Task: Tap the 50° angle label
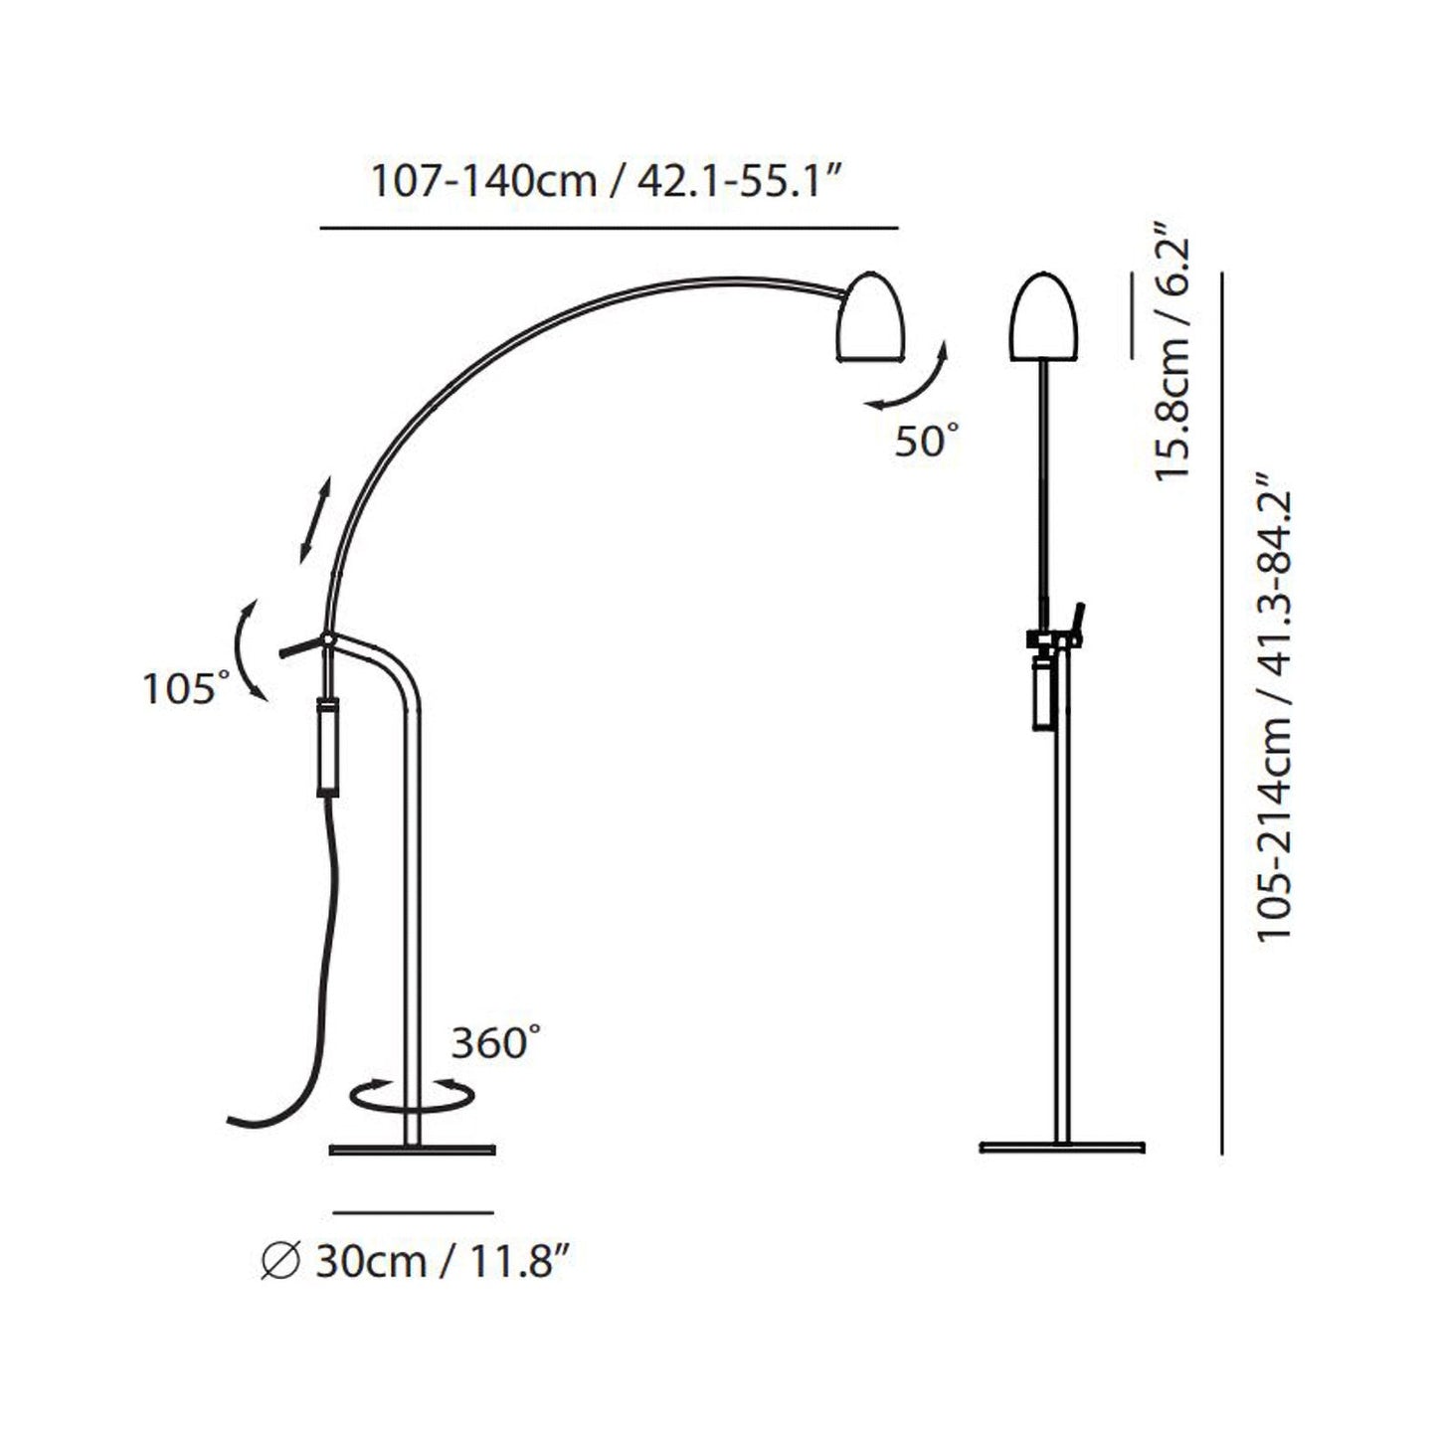927,442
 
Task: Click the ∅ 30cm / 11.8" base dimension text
418,1262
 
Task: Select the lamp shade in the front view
1041,318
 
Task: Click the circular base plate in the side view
412,1151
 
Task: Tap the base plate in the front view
1061,1148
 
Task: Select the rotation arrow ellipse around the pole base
413,1095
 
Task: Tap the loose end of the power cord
234,1120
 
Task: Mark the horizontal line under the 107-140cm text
609,229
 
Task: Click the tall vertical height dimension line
1221,711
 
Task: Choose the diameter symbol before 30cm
279,1263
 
